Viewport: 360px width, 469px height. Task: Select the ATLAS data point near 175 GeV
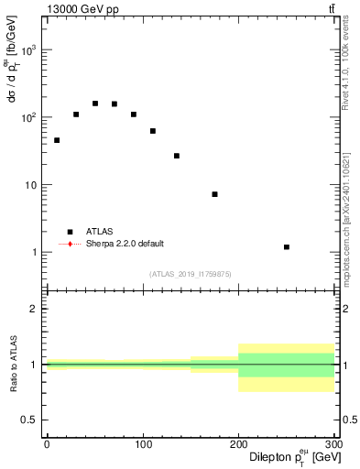click(214, 194)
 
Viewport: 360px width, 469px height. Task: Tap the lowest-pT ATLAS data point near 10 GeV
click(57, 140)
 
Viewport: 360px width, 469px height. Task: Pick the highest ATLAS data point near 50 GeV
click(95, 104)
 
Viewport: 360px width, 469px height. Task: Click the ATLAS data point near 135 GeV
click(177, 156)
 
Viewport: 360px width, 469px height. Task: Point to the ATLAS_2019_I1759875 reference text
click(191, 274)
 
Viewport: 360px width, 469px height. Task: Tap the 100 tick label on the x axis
click(143, 444)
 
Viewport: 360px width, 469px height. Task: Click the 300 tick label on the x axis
click(333, 444)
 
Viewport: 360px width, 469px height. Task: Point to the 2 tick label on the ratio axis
click(36, 309)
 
